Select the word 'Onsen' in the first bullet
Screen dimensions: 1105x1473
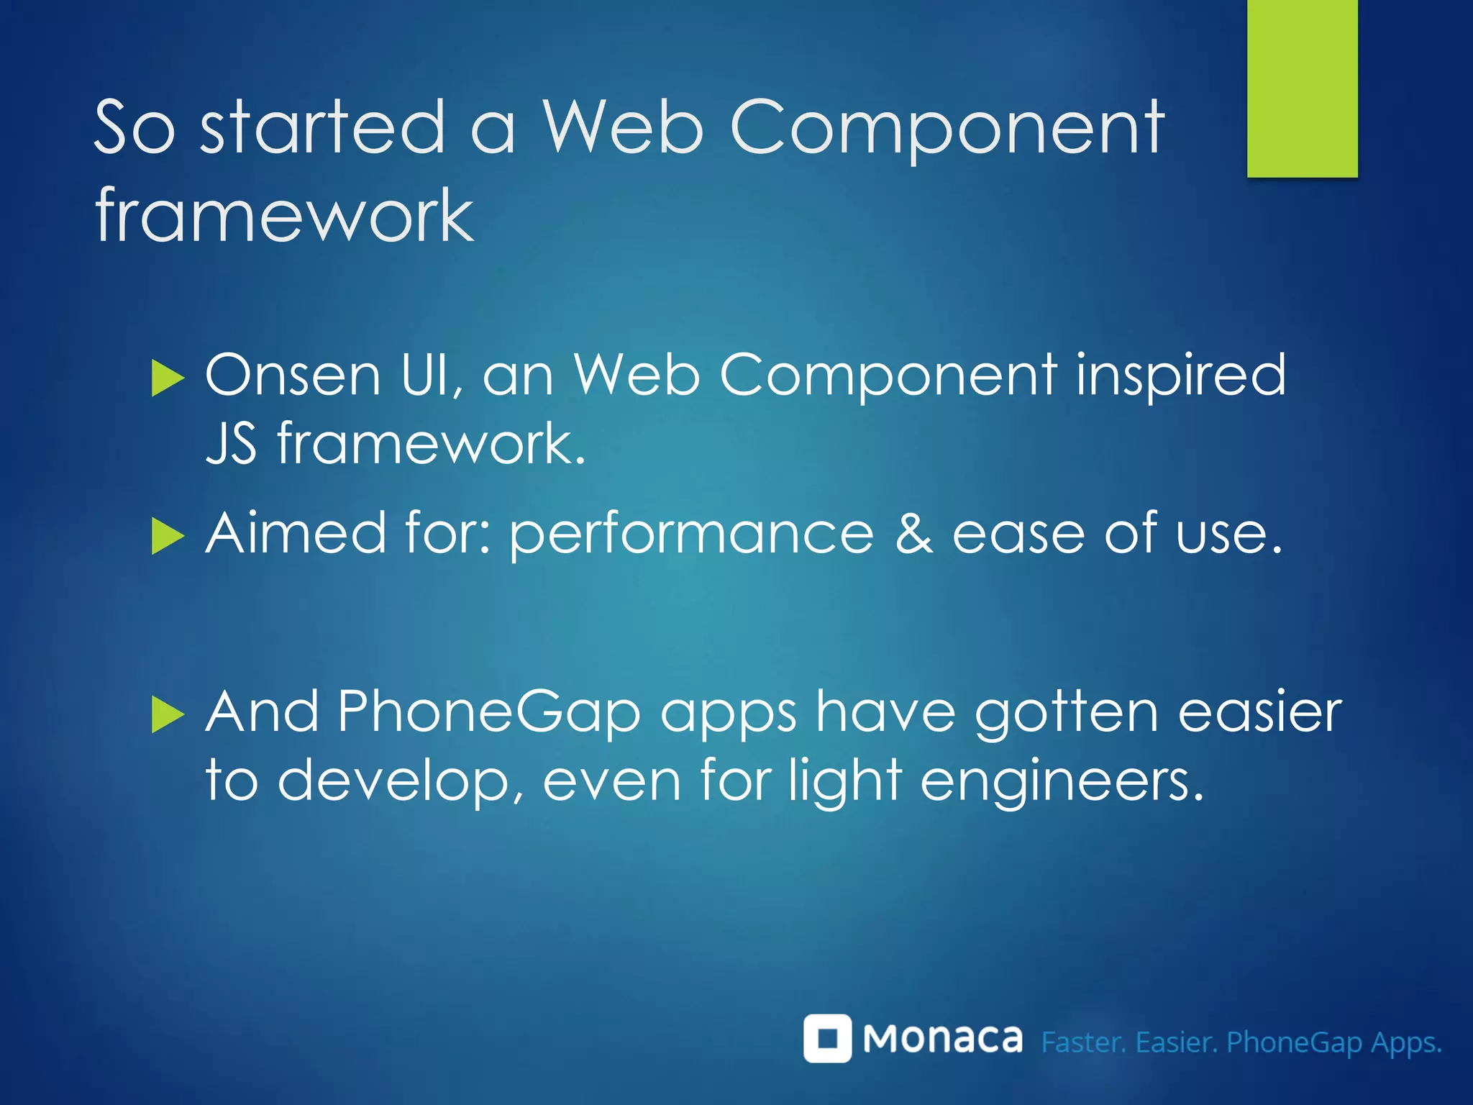tap(292, 375)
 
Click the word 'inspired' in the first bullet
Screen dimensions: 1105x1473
tap(1180, 375)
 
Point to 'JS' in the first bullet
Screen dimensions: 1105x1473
tap(231, 443)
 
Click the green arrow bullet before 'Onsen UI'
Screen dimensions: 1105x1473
tap(168, 378)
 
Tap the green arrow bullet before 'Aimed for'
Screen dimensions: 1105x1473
tap(168, 537)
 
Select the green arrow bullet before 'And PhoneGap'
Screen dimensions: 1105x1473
tap(168, 715)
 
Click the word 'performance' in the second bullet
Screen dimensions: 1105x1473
tap(691, 535)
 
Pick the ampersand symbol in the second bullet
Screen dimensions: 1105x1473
tap(913, 535)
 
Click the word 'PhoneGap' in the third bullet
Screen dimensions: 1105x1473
tap(489, 712)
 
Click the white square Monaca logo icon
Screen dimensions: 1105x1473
tap(827, 1038)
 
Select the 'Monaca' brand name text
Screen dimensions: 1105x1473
tap(942, 1039)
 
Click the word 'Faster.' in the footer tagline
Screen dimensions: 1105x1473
tap(1083, 1042)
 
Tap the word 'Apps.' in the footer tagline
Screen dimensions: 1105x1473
tap(1406, 1042)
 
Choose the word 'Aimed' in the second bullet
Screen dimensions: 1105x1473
tap(296, 533)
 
